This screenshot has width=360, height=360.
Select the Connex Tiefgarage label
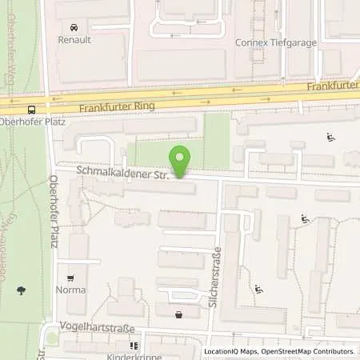click(275, 43)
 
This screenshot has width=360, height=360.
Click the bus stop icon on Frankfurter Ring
click(31, 109)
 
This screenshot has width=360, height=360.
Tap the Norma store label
click(70, 290)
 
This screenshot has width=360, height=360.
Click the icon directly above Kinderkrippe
click(134, 346)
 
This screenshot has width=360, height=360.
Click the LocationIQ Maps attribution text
click(232, 351)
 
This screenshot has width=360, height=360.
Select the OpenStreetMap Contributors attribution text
click(310, 351)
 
